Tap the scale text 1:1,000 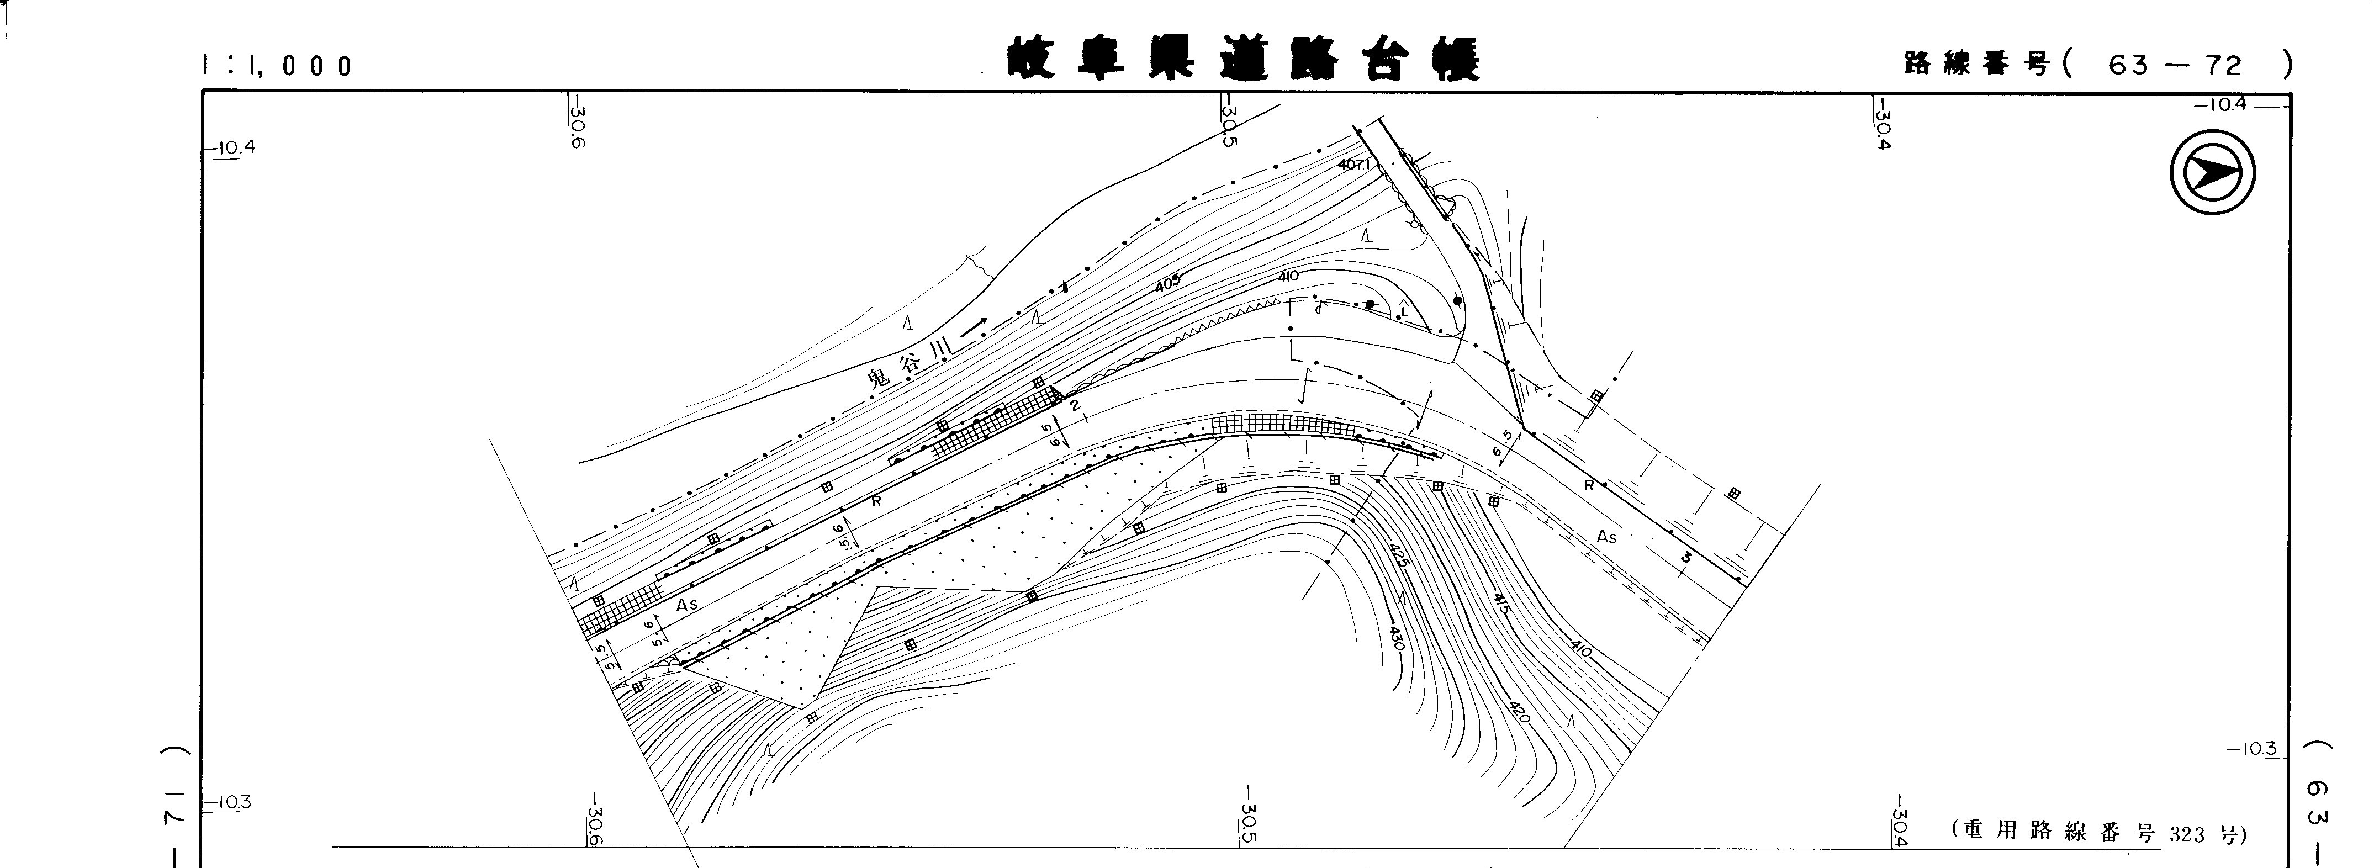(x=277, y=65)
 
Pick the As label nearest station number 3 (x=1606, y=536)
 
